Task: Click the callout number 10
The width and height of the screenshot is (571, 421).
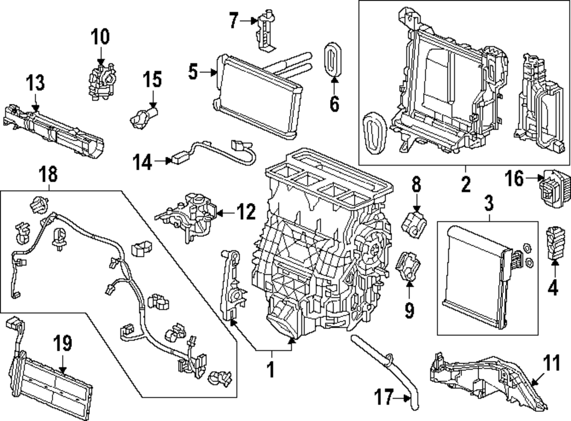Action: click(99, 38)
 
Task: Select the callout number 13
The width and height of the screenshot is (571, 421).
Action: click(35, 84)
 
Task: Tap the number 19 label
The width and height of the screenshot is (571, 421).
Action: click(63, 343)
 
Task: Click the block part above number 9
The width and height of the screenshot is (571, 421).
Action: click(409, 267)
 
